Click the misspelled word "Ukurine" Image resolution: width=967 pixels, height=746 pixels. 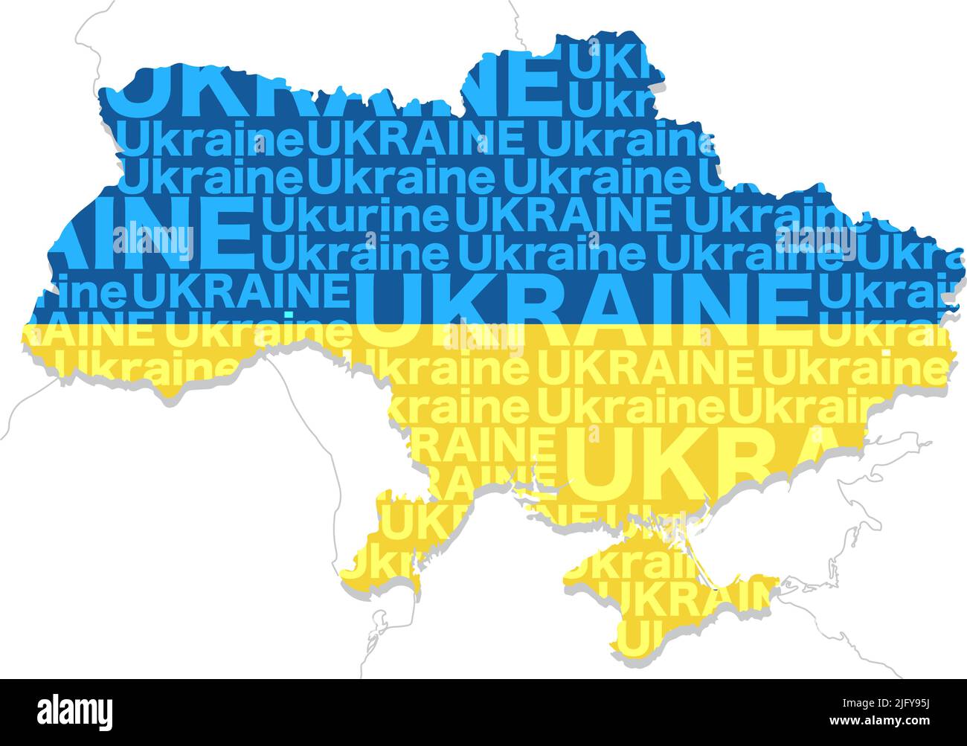tap(356, 216)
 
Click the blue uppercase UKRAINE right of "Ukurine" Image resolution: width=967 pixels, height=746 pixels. tap(563, 216)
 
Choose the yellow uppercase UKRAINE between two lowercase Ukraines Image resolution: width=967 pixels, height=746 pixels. tap(645, 367)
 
